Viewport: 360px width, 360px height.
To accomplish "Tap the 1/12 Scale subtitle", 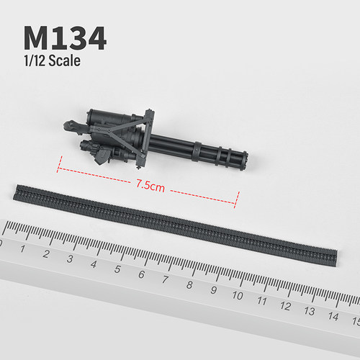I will (x=51, y=61).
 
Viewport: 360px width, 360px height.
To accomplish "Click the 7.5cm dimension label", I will (x=151, y=186).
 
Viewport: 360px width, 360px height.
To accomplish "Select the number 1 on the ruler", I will (x=23, y=248).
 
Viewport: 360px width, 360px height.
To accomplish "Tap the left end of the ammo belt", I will (x=16, y=192).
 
